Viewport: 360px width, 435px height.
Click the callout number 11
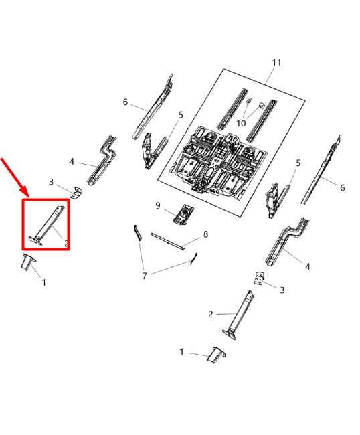(276, 62)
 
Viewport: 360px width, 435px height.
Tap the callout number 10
(241, 124)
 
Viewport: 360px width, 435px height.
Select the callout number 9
(158, 205)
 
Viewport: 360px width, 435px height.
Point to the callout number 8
(205, 234)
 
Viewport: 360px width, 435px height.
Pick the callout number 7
(145, 276)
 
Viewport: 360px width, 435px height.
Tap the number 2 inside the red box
(66, 244)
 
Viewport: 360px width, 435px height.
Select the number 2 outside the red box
(211, 314)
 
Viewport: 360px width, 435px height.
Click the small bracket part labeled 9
(183, 214)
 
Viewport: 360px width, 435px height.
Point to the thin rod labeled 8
(168, 242)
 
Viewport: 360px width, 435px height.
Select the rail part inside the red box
(47, 225)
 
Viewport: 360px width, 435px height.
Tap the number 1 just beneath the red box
(43, 282)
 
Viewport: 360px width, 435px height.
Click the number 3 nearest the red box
(51, 182)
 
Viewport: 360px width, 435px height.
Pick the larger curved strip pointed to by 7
(138, 232)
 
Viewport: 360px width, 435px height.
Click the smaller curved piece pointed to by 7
(193, 259)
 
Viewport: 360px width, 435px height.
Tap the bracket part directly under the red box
(29, 262)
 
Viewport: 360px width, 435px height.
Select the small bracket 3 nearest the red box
(76, 193)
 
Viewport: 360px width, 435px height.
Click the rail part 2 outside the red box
(240, 315)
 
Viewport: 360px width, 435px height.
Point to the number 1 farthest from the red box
(181, 352)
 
